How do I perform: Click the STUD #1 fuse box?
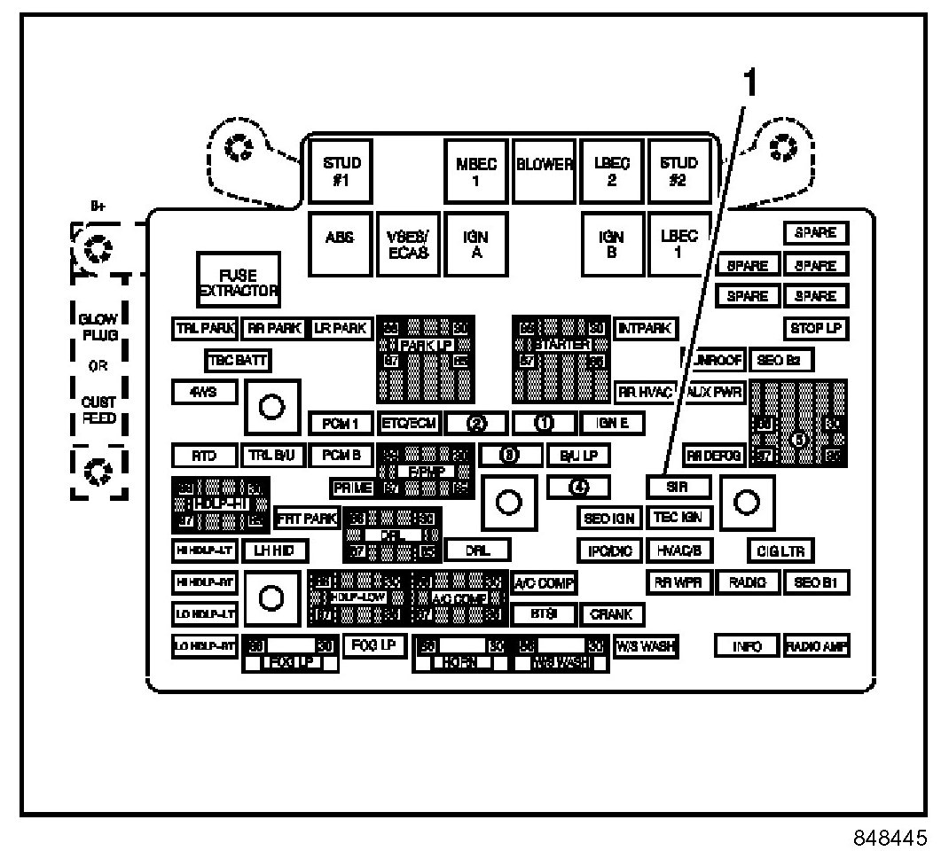coord(341,170)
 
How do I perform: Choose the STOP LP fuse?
coord(815,328)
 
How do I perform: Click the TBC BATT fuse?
coord(237,361)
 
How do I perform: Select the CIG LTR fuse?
coord(780,551)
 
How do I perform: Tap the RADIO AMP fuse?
coord(817,647)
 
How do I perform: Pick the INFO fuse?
coord(747,647)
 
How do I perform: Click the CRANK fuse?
coord(611,613)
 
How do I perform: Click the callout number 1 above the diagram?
coord(749,84)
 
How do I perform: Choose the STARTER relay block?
coord(561,358)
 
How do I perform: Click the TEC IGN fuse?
coord(678,518)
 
